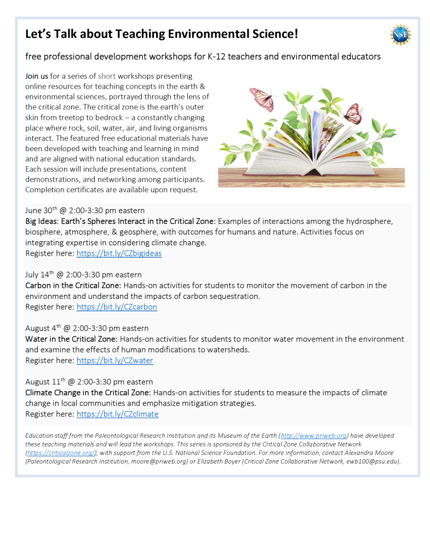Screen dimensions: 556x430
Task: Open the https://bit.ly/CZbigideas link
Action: [119, 253]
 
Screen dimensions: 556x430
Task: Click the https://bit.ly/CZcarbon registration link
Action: [117, 307]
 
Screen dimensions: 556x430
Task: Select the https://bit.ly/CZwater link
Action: [114, 361]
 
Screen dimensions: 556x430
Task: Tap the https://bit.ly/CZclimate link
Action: [117, 414]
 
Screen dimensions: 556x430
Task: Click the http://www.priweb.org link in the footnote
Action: [314, 436]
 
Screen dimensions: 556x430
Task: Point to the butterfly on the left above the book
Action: [261, 100]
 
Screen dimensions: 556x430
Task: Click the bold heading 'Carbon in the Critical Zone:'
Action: [73, 285]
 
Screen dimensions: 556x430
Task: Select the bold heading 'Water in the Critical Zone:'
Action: [71, 339]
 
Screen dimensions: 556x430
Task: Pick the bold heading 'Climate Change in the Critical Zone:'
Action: [88, 392]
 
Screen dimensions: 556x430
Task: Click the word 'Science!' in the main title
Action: [272, 34]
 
